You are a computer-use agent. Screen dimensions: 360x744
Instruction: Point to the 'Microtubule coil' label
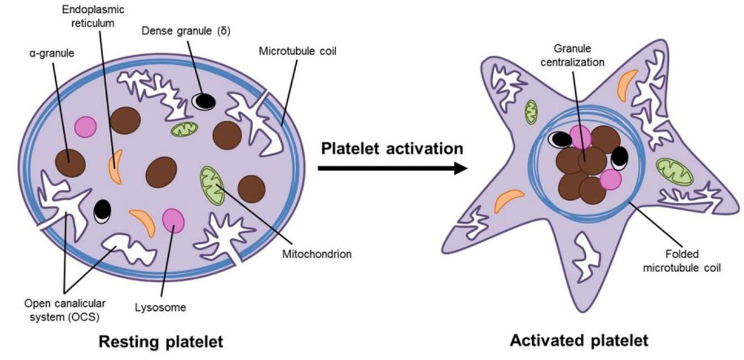[x=297, y=50]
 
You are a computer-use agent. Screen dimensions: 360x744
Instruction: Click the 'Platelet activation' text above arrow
[x=392, y=148]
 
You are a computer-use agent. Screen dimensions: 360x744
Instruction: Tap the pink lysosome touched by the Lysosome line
[x=174, y=220]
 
